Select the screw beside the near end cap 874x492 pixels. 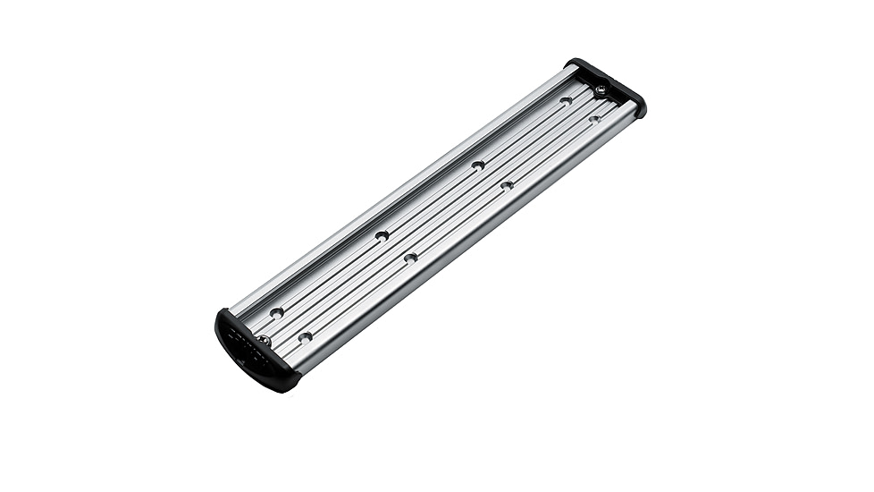tap(264, 340)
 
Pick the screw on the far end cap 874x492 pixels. tap(601, 89)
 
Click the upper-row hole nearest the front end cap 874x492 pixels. tap(277, 312)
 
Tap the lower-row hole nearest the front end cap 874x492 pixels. tap(305, 337)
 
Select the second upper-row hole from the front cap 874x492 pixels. tap(382, 235)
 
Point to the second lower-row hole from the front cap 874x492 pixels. tap(410, 258)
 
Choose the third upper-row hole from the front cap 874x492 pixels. tap(478, 165)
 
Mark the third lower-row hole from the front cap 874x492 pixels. tap(507, 185)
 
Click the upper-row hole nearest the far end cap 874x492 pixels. tap(566, 100)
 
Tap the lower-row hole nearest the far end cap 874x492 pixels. tap(593, 118)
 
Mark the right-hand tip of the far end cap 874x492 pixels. tap(642, 111)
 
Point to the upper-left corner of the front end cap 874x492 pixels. tap(221, 313)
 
